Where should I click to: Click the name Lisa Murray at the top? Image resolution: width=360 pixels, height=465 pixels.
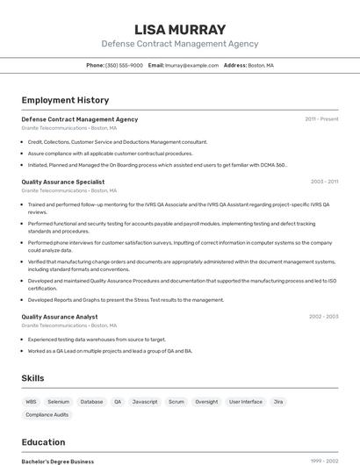(x=180, y=29)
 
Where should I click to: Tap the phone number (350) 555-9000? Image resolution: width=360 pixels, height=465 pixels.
(x=124, y=65)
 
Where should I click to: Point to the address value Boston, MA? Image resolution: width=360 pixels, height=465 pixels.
(x=261, y=65)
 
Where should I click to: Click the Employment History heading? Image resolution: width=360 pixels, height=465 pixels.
(x=65, y=100)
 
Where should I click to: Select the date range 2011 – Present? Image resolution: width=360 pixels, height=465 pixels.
(x=321, y=119)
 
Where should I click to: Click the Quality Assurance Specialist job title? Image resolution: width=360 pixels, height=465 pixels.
(x=62, y=182)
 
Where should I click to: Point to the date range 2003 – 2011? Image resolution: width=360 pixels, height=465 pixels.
(x=324, y=182)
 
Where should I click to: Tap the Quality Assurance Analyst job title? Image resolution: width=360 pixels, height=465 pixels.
(x=60, y=317)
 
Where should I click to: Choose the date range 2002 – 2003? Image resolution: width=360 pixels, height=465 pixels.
(x=323, y=317)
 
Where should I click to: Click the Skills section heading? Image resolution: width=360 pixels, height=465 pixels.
(x=32, y=378)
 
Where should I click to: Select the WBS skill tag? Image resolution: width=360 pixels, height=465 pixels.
(x=32, y=401)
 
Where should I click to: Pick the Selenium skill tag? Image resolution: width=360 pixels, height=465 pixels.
(x=59, y=401)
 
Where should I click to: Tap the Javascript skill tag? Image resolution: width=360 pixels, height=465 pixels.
(x=145, y=401)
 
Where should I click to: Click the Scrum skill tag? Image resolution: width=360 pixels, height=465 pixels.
(x=176, y=401)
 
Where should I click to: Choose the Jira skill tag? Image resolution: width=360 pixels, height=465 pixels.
(x=278, y=401)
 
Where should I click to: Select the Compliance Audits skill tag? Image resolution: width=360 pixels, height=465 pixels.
(x=47, y=414)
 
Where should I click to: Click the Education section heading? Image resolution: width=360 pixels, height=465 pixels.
(x=43, y=442)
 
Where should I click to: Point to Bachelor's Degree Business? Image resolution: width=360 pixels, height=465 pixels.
(x=57, y=461)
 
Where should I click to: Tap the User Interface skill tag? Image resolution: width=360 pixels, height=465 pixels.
(x=246, y=401)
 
